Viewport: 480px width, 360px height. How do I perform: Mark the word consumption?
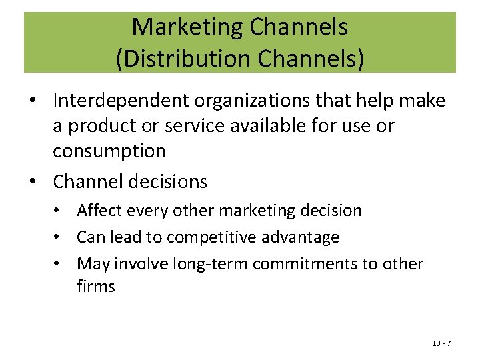coord(109,151)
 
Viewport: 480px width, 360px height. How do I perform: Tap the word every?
coord(147,211)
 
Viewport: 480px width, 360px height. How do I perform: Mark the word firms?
coord(96,287)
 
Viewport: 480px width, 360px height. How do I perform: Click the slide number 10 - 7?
coord(441,343)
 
